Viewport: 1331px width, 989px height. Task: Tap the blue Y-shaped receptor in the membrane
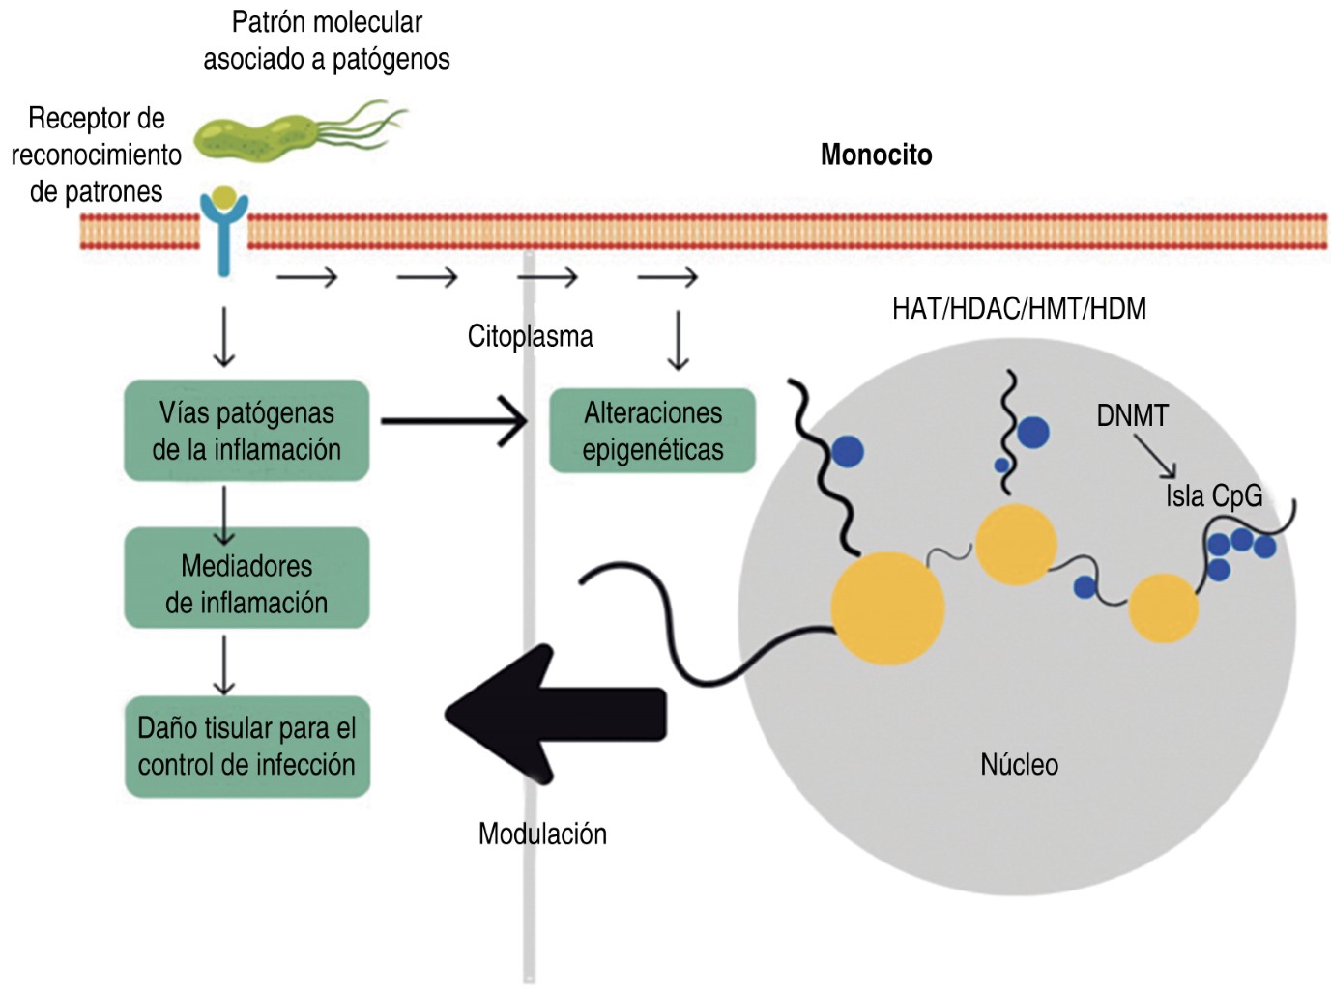[x=223, y=232]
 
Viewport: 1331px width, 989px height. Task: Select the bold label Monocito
[x=876, y=155]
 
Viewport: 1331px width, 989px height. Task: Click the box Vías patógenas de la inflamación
[x=246, y=431]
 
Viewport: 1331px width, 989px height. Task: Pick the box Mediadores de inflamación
[x=246, y=583]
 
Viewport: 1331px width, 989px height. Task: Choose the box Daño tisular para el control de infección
[x=246, y=746]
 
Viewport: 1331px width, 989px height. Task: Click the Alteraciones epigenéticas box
[x=652, y=431]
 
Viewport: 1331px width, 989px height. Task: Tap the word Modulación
[x=542, y=834]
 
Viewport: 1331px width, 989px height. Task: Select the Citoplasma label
[x=530, y=336]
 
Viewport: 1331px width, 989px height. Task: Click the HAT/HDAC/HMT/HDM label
[x=1019, y=309]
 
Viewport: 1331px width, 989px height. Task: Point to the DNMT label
[x=1132, y=415]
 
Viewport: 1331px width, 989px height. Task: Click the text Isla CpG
[x=1214, y=495]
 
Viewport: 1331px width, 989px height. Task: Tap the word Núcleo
[x=1019, y=765]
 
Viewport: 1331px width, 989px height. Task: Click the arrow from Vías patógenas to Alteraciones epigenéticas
[x=453, y=421]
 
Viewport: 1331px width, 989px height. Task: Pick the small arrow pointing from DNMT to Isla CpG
[x=1156, y=455]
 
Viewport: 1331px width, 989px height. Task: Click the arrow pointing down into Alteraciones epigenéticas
[x=678, y=340]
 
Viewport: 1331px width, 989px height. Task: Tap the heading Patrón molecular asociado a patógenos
[x=327, y=40]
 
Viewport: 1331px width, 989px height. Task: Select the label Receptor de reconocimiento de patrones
[x=96, y=155]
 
